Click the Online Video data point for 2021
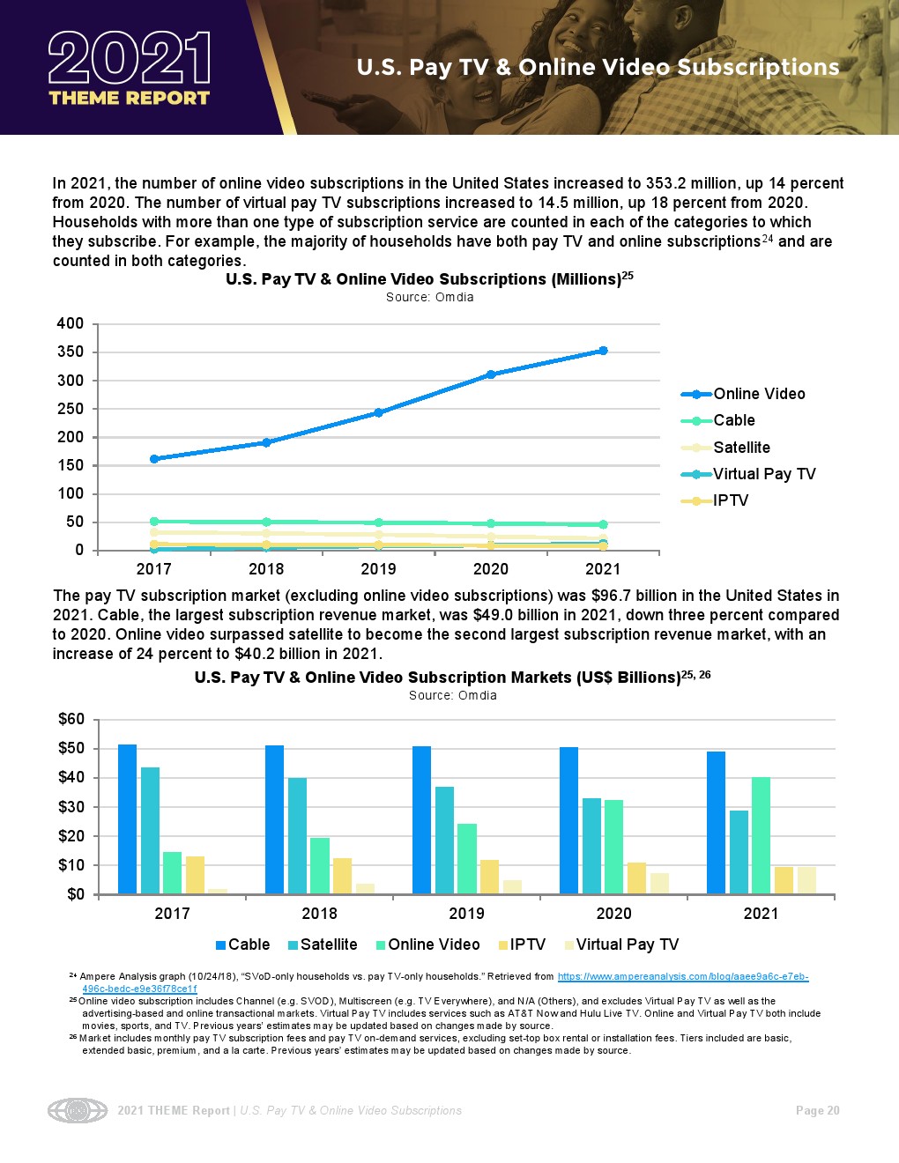point(603,351)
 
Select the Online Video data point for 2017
point(154,459)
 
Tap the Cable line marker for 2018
point(266,522)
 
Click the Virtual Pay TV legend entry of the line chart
point(763,474)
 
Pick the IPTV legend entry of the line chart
point(730,500)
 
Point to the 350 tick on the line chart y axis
point(71,352)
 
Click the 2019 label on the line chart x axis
point(378,569)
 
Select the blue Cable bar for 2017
point(128,819)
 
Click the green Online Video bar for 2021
point(761,835)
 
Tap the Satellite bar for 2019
point(444,841)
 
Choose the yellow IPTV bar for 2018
point(342,876)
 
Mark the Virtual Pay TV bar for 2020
point(659,884)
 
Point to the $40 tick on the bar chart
point(71,777)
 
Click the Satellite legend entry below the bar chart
point(328,944)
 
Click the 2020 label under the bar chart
point(613,914)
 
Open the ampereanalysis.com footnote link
point(682,976)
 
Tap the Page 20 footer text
point(817,1111)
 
